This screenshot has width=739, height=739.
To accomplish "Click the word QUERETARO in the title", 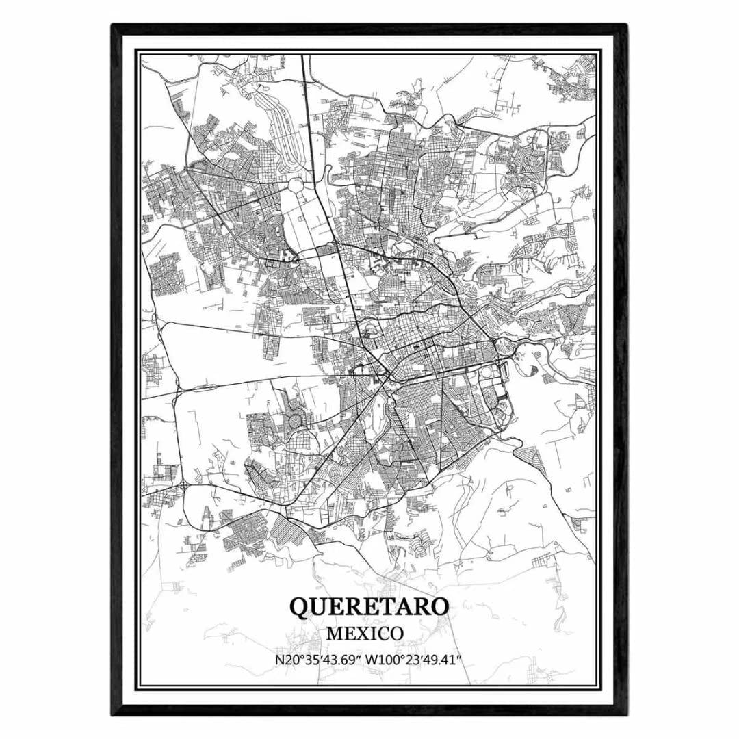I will pyautogui.click(x=369, y=606).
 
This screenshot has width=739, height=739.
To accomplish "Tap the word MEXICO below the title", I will pyautogui.click(x=364, y=634).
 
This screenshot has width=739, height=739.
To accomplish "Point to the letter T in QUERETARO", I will pyautogui.click(x=387, y=607).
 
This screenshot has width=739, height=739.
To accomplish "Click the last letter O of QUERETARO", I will pyautogui.click(x=441, y=607).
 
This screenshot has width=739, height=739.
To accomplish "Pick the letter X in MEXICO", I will pyautogui.click(x=364, y=634).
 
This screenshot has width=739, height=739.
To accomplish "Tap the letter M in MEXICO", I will pyautogui.click(x=335, y=634).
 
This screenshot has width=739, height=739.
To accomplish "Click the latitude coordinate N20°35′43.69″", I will pyautogui.click(x=319, y=660).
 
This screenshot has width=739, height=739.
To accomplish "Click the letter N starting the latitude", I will pyautogui.click(x=278, y=660).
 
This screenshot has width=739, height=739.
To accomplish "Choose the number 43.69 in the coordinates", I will pyautogui.click(x=343, y=660).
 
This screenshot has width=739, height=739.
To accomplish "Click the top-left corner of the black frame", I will pyautogui.click(x=113, y=26).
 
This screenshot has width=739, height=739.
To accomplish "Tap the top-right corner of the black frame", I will pyautogui.click(x=625, y=26).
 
